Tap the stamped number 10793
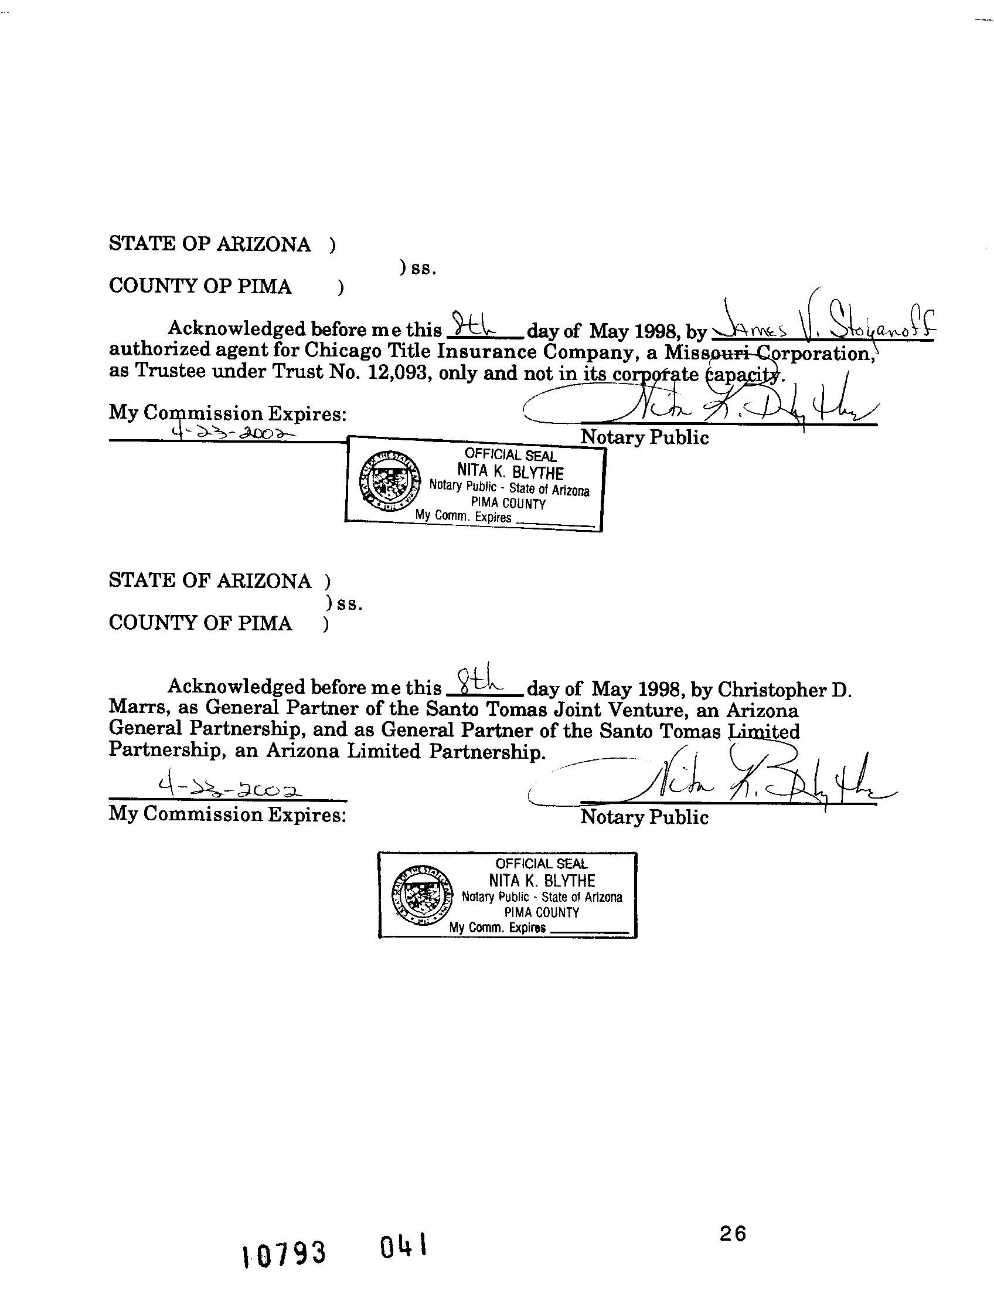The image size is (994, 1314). [284, 1254]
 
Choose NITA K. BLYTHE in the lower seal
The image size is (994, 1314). [542, 880]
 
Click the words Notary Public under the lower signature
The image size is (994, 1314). [644, 817]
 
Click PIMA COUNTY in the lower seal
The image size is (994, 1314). [542, 912]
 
